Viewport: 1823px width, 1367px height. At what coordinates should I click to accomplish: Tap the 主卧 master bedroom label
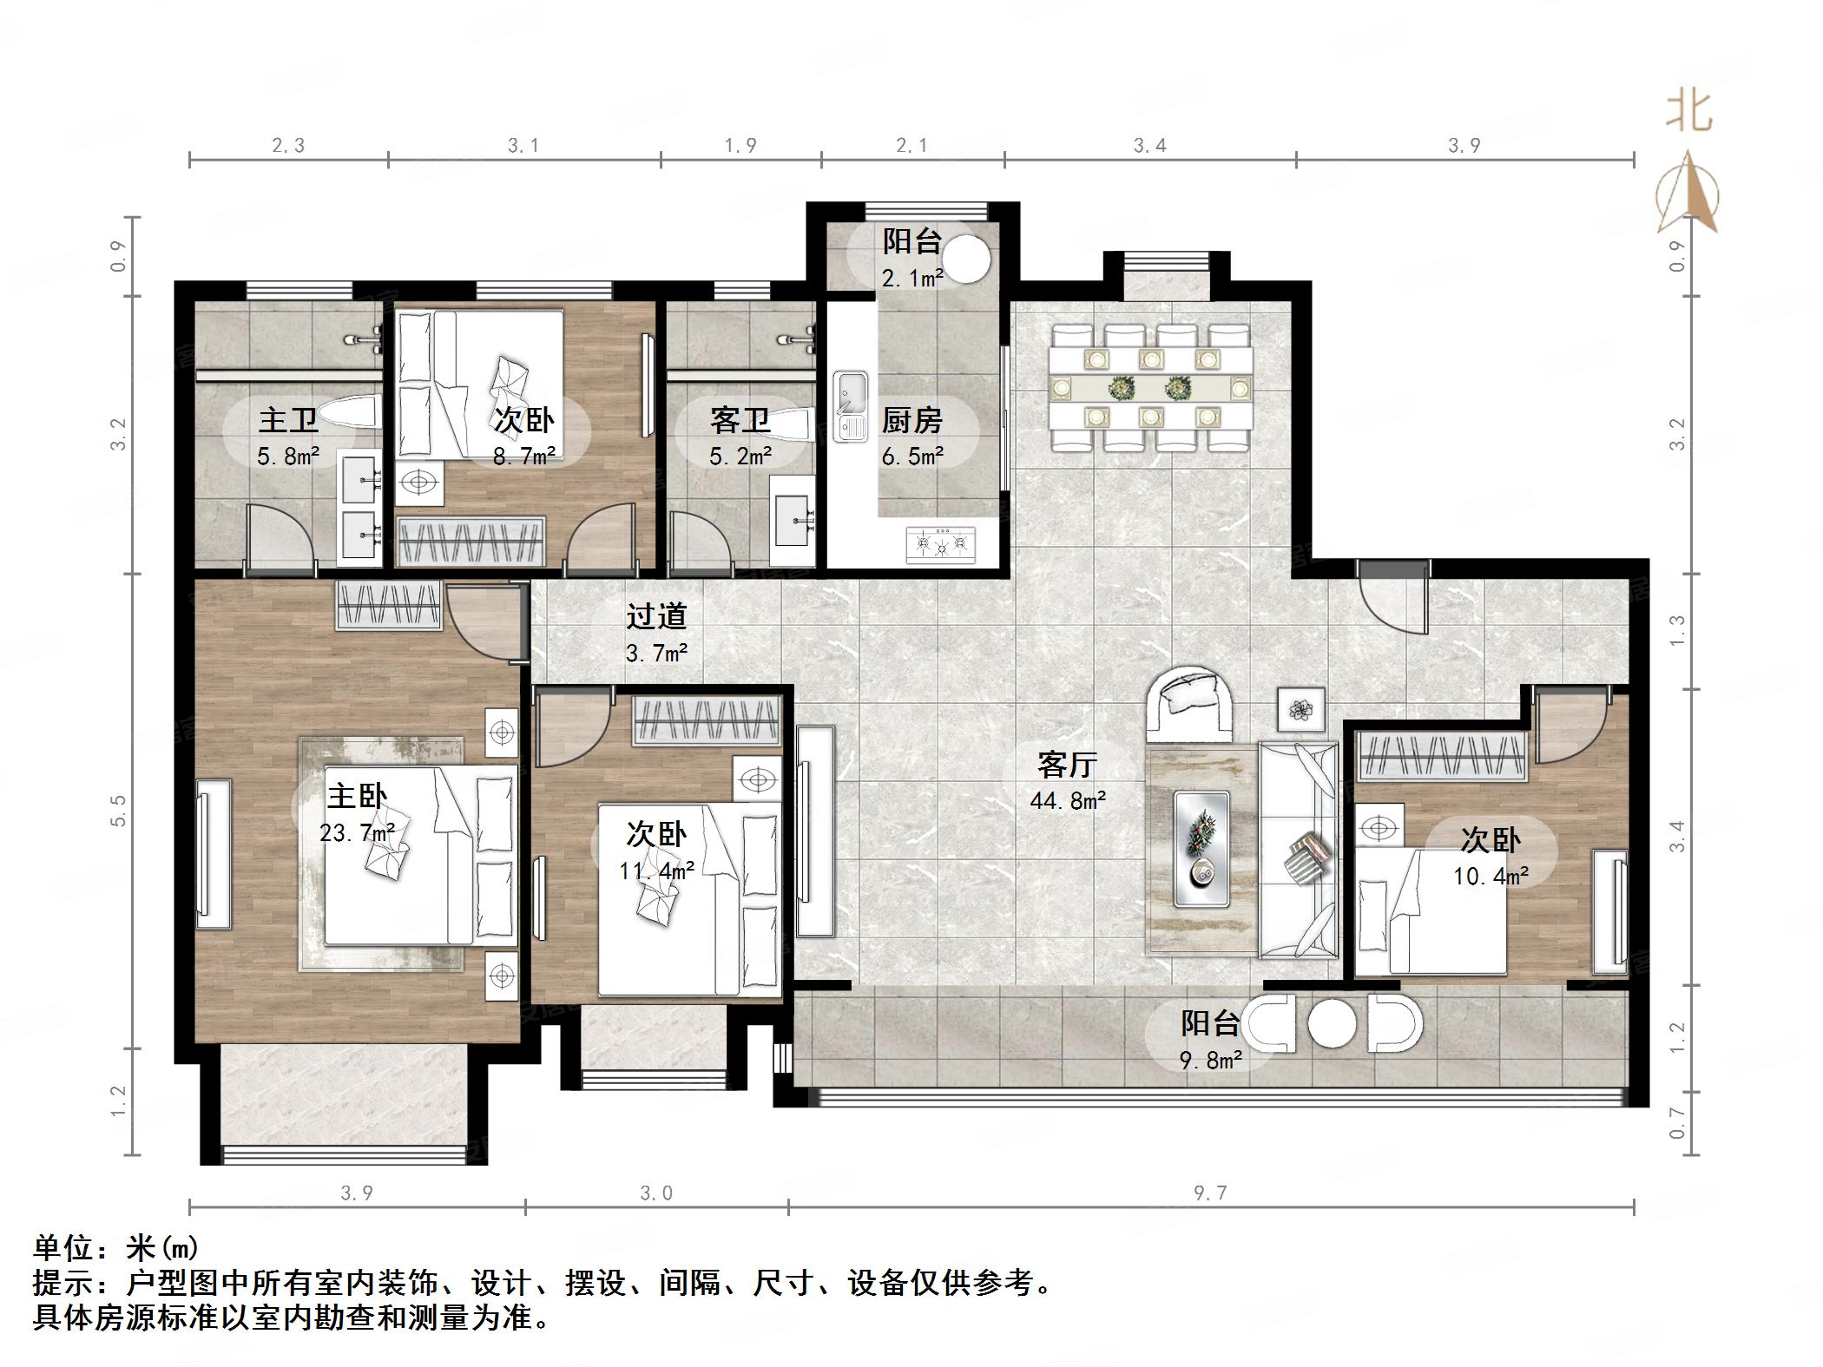358,795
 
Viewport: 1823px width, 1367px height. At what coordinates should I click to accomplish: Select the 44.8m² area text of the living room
1068,800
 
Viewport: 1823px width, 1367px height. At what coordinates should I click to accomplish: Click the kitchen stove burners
941,544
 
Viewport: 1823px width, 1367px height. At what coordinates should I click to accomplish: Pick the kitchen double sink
851,406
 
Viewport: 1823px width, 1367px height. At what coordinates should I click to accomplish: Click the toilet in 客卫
791,424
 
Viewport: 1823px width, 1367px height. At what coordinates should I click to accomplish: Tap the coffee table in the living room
1202,849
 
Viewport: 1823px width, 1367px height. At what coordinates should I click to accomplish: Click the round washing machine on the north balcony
966,259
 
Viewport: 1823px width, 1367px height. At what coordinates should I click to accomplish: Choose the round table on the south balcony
1332,1024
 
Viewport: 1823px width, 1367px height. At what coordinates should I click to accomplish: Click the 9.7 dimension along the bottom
1210,1193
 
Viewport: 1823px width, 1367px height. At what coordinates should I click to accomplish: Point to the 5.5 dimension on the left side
118,811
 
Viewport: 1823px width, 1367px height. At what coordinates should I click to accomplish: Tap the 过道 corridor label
657,615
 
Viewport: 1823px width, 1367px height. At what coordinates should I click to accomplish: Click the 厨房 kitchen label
911,421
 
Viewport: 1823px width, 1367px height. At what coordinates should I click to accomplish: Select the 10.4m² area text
1491,877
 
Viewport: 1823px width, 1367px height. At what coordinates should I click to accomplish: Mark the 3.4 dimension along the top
1150,146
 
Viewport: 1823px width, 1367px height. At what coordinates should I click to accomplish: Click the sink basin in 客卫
792,520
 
